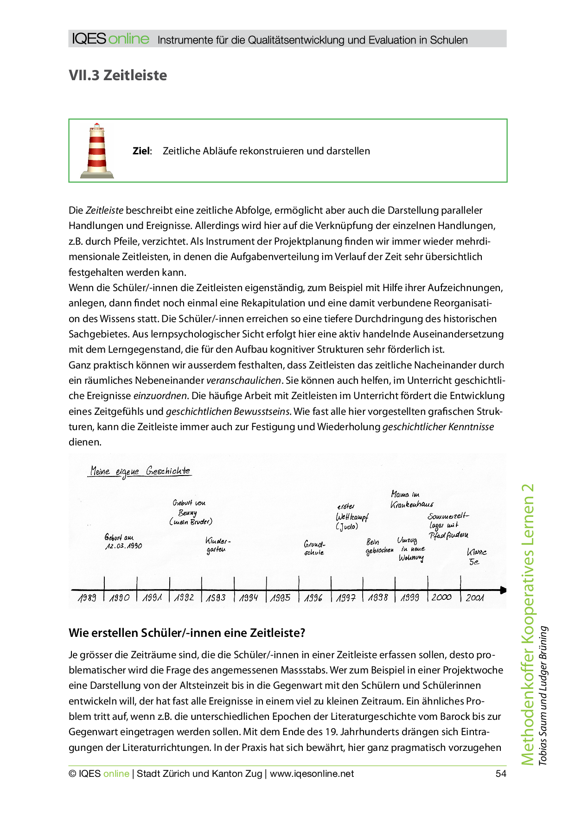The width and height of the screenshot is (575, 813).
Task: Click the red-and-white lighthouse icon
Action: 97,151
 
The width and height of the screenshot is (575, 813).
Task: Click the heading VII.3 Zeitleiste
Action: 118,75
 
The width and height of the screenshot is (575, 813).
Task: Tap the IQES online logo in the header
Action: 111,39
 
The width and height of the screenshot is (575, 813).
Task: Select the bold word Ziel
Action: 141,151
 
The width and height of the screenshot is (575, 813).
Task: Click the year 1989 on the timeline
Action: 87,598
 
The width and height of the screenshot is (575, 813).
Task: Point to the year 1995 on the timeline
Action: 281,598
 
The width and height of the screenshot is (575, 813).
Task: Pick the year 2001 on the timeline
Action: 475,598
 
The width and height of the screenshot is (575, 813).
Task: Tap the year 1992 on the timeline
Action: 184,598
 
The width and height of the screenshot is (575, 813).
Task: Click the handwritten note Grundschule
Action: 314,548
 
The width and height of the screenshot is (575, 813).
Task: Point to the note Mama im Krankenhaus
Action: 411,500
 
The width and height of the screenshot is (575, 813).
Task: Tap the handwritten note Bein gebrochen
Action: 379,546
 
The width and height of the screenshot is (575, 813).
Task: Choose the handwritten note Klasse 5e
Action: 476,557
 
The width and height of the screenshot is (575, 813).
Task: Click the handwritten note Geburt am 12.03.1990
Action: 123,542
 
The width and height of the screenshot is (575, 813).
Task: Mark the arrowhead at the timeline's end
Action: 503,590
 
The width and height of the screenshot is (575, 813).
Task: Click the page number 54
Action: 501,774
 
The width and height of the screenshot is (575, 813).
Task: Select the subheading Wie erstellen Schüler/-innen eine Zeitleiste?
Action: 187,633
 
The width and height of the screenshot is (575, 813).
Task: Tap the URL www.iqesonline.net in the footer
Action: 312,774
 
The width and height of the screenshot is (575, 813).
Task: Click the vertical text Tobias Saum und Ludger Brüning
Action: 543,695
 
